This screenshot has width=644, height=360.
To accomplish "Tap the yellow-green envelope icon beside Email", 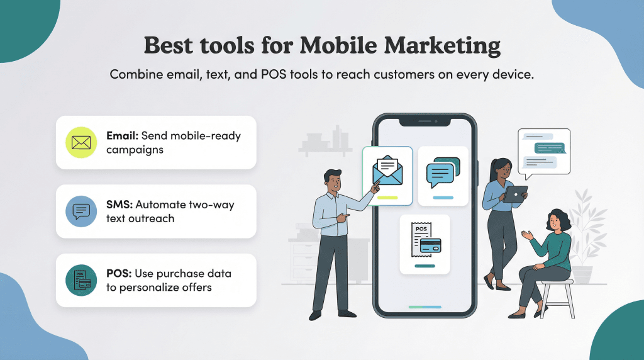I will (x=82, y=142).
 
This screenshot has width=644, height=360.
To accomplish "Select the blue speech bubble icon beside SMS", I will (x=82, y=211).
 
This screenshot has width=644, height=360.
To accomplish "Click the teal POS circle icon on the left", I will (x=82, y=280).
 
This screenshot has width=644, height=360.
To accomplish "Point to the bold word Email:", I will (x=122, y=135).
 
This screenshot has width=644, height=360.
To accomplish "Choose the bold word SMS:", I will (x=119, y=205).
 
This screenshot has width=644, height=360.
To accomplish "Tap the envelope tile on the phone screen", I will (x=387, y=176).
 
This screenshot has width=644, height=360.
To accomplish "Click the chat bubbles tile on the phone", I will (x=443, y=176).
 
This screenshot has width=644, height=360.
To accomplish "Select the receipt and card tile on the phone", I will (x=425, y=244).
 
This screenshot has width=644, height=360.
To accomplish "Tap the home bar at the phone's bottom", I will (x=425, y=307).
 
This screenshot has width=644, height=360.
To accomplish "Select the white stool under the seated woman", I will (x=557, y=296).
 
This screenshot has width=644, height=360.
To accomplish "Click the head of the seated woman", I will (x=557, y=220).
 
